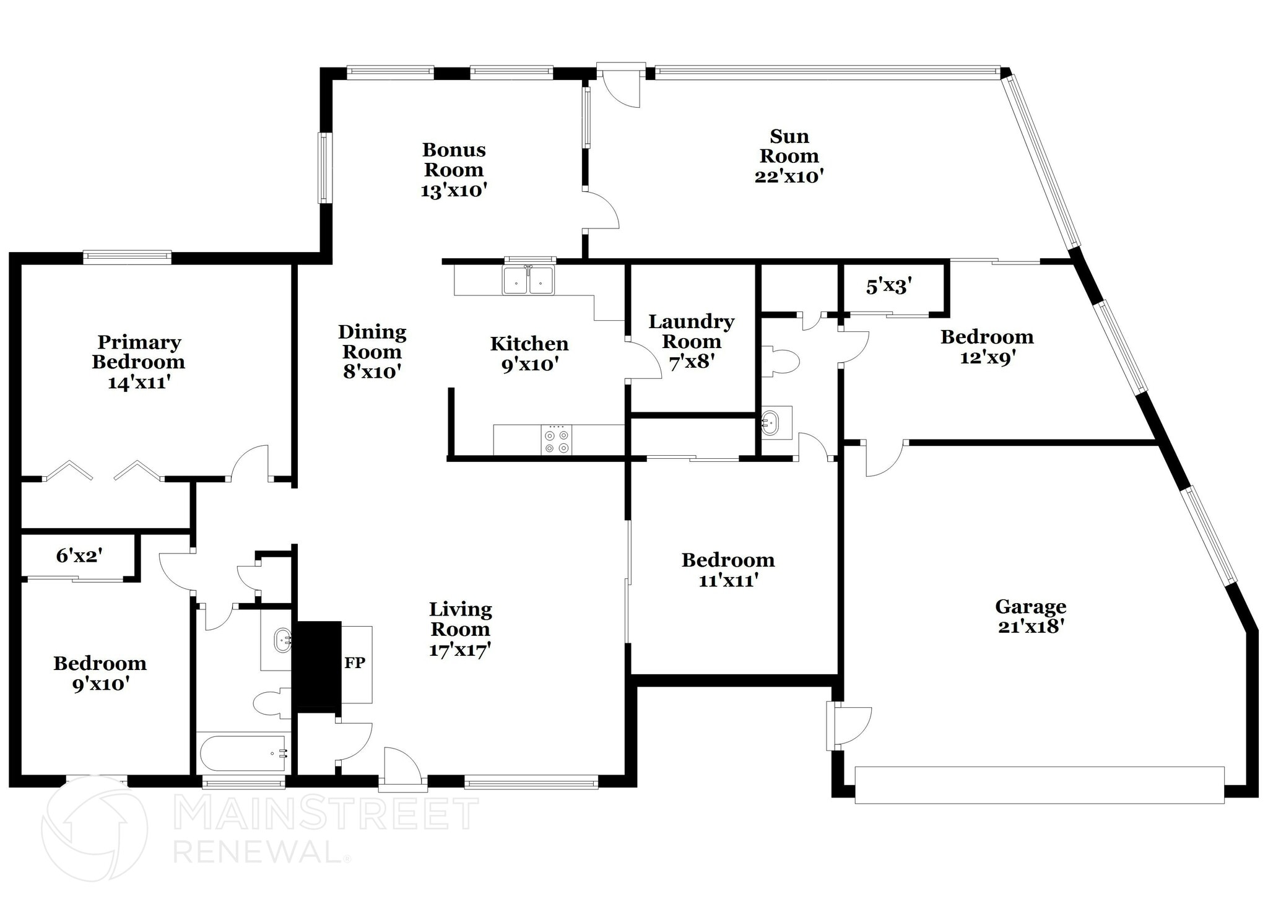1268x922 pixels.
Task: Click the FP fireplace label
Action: tap(355, 663)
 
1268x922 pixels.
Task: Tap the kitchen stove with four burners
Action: tap(556, 440)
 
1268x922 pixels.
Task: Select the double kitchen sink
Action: tap(528, 280)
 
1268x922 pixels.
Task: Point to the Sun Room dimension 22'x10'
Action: tap(789, 176)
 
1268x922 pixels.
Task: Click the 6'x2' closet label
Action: tap(79, 556)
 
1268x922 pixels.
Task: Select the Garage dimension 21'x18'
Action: tap(1031, 627)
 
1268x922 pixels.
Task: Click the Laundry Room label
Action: tap(691, 331)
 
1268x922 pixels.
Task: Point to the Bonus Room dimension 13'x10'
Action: tap(454, 191)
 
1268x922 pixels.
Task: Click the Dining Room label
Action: tap(372, 342)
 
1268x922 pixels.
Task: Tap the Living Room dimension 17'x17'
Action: tap(460, 650)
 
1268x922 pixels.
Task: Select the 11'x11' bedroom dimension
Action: tap(728, 581)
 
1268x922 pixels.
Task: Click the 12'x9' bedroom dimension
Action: tap(987, 358)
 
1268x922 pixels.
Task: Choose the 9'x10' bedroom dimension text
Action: tap(100, 684)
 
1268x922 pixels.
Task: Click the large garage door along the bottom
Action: tap(1039, 785)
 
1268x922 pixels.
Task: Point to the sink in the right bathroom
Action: tap(770, 422)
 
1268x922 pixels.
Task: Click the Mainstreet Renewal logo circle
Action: tap(94, 828)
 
